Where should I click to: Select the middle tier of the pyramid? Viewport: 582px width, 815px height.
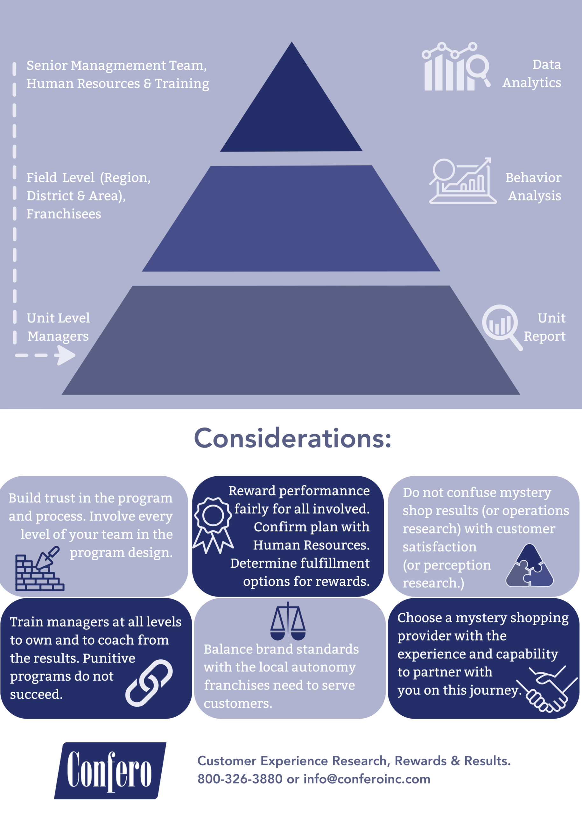click(291, 219)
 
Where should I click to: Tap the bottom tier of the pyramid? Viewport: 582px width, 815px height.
click(291, 341)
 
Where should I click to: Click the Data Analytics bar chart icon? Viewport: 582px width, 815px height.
click(456, 67)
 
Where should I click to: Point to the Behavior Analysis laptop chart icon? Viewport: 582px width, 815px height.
click(462, 181)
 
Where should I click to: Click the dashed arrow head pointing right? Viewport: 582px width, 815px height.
click(66, 355)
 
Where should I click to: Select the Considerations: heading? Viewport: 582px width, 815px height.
click(292, 438)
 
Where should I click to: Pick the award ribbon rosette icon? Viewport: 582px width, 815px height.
click(213, 523)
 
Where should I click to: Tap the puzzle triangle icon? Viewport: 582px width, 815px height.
click(529, 566)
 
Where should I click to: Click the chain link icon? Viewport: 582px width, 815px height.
click(149, 683)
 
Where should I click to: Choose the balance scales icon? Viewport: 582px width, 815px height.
click(288, 622)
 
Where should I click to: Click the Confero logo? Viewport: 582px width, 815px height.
click(110, 770)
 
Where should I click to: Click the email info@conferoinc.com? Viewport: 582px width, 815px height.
click(367, 779)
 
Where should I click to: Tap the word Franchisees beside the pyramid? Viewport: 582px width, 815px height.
click(64, 214)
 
